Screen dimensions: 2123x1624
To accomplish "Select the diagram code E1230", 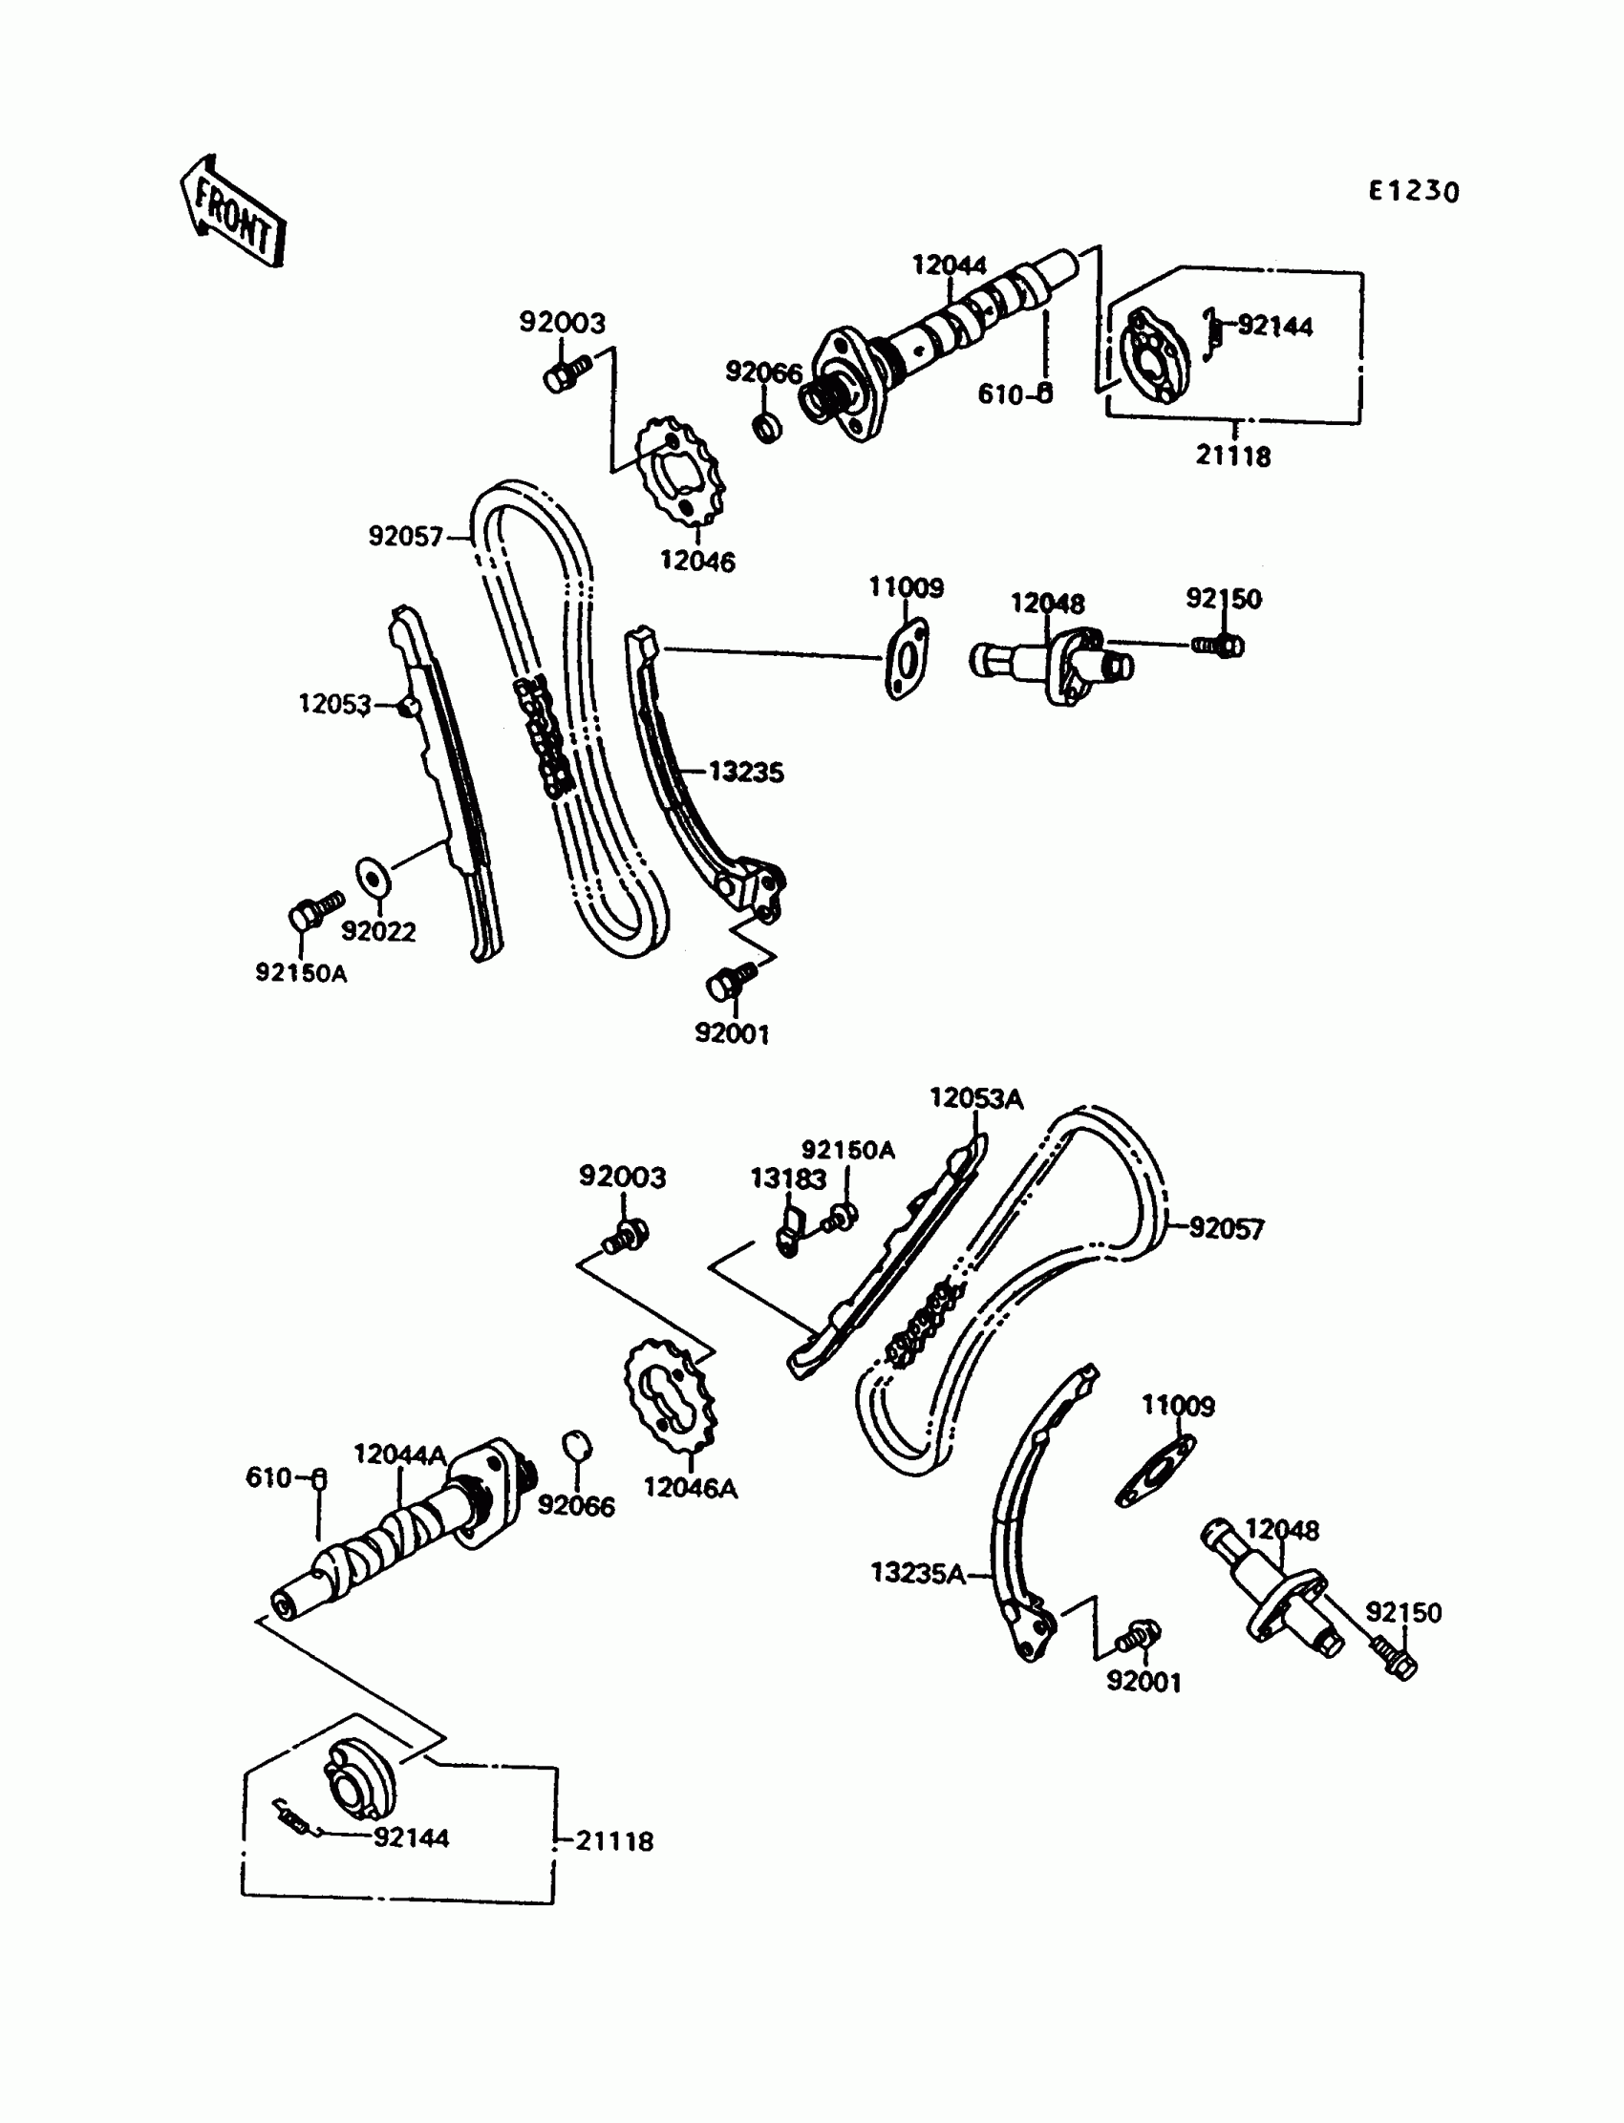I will [x=1412, y=191].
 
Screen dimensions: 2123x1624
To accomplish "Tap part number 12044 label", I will [x=950, y=265].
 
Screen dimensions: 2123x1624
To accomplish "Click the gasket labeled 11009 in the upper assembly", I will [x=906, y=660].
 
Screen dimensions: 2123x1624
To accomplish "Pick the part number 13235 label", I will [x=745, y=772].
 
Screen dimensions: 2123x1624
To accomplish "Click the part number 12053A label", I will [x=976, y=1097].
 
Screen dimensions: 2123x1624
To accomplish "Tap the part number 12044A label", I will [x=399, y=1454].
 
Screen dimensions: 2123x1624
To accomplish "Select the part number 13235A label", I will [x=917, y=1573].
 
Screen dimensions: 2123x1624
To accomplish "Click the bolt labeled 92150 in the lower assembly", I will [x=1392, y=1659].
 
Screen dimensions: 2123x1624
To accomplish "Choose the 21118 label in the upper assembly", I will [x=1232, y=456].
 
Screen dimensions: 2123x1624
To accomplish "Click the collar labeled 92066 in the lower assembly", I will [x=577, y=1447].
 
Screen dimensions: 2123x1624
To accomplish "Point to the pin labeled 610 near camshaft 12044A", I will [x=319, y=1479].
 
